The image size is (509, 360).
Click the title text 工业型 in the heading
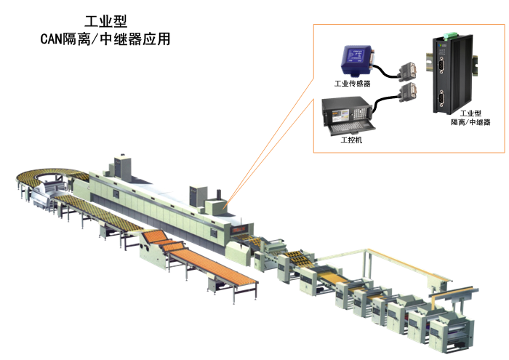[x=106, y=21]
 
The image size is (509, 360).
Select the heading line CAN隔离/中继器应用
[x=105, y=39]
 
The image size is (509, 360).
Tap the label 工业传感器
[x=352, y=84]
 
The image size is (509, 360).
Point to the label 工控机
[x=351, y=140]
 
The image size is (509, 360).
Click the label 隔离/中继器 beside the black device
[x=470, y=122]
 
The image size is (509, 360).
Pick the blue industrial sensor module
[x=357, y=60]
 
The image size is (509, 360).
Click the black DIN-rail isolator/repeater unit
[x=452, y=74]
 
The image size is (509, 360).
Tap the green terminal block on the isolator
[x=449, y=35]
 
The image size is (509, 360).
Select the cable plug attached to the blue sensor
[x=409, y=71]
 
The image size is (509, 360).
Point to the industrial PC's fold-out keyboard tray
[x=351, y=127]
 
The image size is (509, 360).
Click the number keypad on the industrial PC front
[x=358, y=113]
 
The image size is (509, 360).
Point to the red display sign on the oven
[x=239, y=230]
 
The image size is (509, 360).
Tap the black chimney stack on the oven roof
[x=219, y=193]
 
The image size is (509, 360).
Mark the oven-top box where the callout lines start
[x=216, y=207]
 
